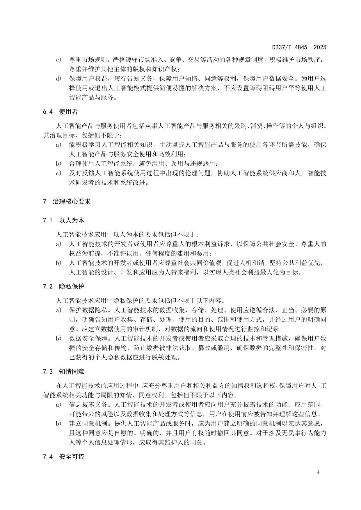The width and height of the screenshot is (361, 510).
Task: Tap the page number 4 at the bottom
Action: click(318, 472)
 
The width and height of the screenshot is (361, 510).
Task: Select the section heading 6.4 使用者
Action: click(60, 112)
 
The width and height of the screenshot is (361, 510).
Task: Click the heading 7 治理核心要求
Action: click(67, 201)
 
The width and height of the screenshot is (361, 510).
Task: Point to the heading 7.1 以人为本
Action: click(63, 220)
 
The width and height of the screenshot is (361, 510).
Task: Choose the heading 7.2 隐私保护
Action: click(63, 286)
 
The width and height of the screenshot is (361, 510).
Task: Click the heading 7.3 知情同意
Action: click(63, 372)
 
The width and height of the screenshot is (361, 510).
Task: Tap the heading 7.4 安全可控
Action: click(63, 456)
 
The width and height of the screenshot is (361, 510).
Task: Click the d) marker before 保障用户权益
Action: click(59, 79)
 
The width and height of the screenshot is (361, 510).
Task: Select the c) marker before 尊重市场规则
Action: click(59, 60)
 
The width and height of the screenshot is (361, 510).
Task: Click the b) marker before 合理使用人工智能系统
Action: click(59, 163)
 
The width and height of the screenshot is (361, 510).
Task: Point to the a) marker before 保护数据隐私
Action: click(59, 310)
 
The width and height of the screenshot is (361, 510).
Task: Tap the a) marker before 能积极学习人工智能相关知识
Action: click(59, 145)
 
